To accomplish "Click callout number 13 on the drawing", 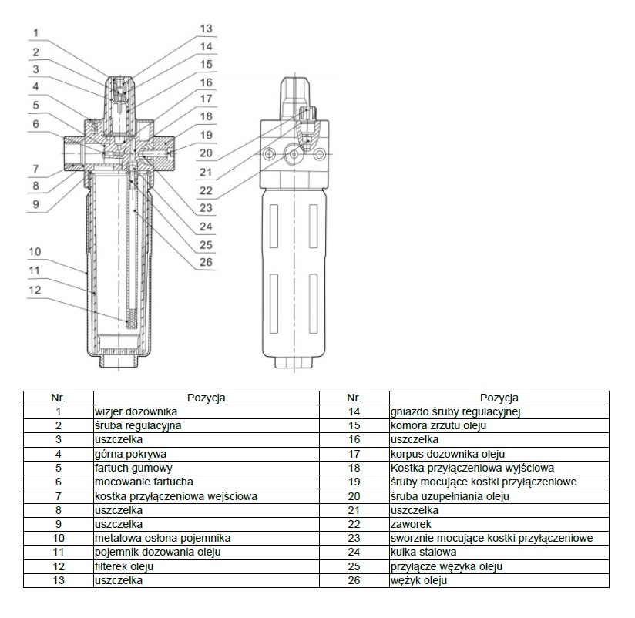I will pos(205,29).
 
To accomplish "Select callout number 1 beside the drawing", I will pos(35,32).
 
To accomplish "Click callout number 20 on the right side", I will pos(205,153).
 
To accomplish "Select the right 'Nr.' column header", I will pos(354,398).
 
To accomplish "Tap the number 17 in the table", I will pos(354,454).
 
